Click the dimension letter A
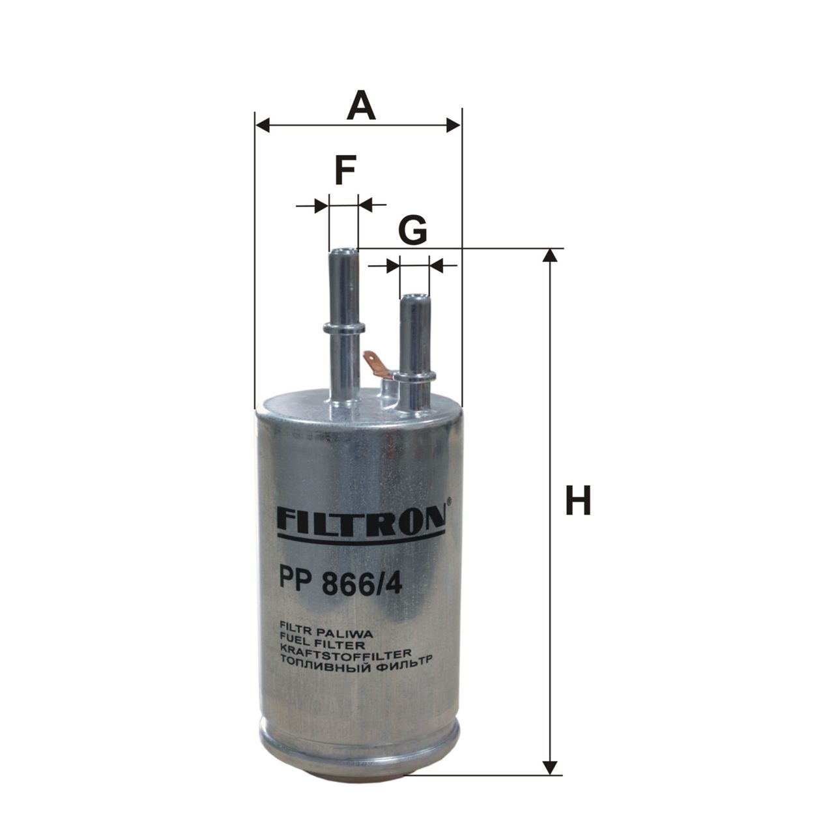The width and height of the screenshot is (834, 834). (x=360, y=106)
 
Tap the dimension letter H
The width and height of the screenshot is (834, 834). (x=578, y=500)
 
